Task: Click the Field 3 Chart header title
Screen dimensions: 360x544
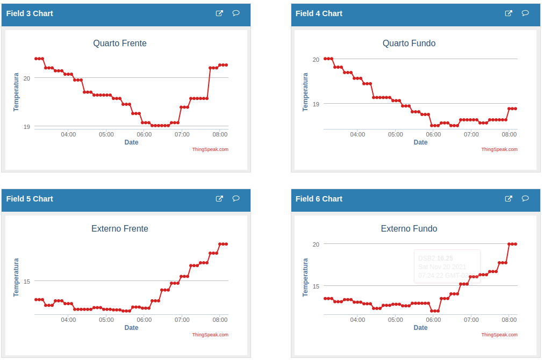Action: (x=30, y=13)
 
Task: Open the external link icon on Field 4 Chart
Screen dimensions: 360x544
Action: (x=509, y=13)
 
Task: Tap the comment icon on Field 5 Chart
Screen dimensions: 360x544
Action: (x=236, y=199)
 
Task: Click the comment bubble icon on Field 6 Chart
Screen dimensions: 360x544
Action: (x=525, y=199)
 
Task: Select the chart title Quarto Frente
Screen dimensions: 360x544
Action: (x=120, y=44)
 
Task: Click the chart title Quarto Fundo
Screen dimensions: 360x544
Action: (x=409, y=44)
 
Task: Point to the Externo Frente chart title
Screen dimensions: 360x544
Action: (x=120, y=229)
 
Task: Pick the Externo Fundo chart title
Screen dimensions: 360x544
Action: (x=409, y=229)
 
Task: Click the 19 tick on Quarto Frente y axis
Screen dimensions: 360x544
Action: (x=26, y=127)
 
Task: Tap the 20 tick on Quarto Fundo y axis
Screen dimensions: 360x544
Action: (x=316, y=60)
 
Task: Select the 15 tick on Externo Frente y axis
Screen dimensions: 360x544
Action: (x=26, y=282)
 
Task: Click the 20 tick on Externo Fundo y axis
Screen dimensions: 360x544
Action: (x=316, y=244)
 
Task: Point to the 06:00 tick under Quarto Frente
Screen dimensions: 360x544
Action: (x=144, y=134)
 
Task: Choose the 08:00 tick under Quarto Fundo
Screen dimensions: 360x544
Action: (x=509, y=134)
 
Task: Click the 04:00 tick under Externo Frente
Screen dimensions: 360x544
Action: (x=68, y=320)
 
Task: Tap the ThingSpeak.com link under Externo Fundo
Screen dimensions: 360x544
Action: (x=499, y=335)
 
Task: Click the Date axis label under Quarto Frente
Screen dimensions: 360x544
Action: (x=131, y=142)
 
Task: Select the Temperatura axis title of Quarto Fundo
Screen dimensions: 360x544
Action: (x=305, y=92)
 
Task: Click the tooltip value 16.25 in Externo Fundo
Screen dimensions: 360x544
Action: (x=445, y=258)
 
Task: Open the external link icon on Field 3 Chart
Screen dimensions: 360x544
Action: (x=219, y=13)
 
